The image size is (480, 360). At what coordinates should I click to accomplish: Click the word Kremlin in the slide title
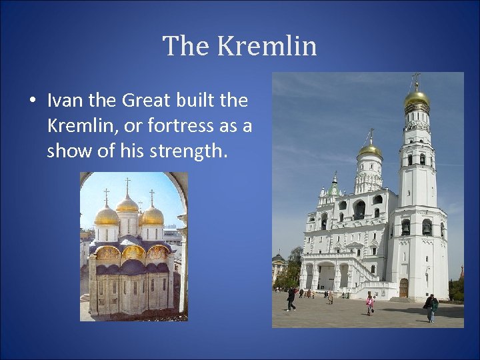click(267, 47)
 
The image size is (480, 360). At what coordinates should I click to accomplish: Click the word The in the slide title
click(187, 47)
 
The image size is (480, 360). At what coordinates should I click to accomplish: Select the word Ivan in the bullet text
click(63, 101)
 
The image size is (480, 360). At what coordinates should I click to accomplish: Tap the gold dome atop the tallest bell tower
click(417, 99)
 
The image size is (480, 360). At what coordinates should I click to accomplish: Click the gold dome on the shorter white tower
click(370, 149)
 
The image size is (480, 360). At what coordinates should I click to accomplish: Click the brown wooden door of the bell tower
click(403, 288)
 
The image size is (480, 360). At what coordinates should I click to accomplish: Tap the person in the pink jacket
click(369, 303)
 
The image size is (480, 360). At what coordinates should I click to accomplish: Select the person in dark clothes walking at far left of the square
click(291, 299)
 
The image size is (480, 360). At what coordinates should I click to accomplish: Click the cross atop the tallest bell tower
click(416, 79)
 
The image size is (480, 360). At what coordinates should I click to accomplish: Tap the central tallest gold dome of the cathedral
click(127, 204)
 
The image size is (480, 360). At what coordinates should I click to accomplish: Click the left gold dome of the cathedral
click(107, 215)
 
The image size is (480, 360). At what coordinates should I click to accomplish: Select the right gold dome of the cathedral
click(152, 215)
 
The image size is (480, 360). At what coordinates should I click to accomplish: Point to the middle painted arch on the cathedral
click(133, 253)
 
